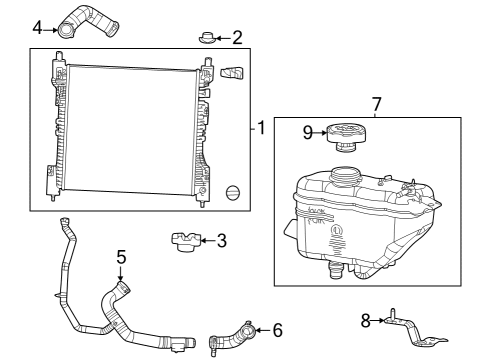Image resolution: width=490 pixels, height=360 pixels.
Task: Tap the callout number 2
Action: pyautogui.click(x=237, y=38)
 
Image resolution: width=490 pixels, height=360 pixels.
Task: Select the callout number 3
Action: pyautogui.click(x=222, y=240)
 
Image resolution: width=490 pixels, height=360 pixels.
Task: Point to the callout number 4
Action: pyautogui.click(x=37, y=28)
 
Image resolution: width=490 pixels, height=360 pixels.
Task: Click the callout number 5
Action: pyautogui.click(x=120, y=257)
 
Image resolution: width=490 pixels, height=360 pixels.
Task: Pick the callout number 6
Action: pyautogui.click(x=277, y=328)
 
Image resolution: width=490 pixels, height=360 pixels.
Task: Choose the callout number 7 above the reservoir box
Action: pyautogui.click(x=376, y=103)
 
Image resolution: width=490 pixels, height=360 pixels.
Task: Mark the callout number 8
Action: pyautogui.click(x=366, y=320)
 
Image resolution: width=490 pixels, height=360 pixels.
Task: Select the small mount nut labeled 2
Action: pyautogui.click(x=206, y=39)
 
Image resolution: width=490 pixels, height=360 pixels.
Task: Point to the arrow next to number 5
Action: pyautogui.click(x=121, y=275)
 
